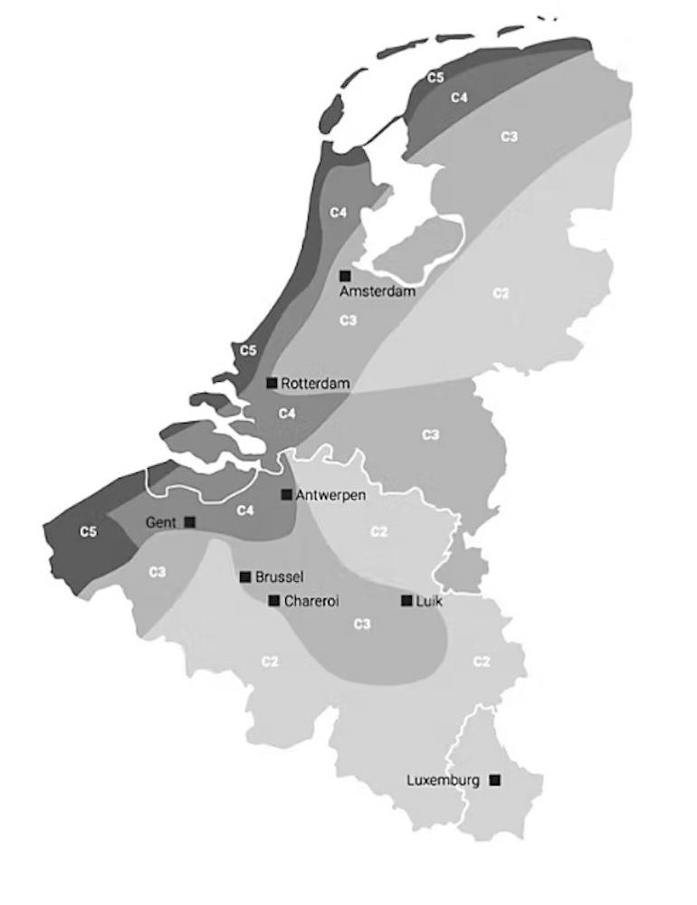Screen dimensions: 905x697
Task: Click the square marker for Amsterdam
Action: click(345, 275)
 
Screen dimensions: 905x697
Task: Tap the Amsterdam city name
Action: click(377, 292)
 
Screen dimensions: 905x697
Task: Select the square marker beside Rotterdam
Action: click(272, 383)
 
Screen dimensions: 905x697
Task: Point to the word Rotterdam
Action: click(315, 384)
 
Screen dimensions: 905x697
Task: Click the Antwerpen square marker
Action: click(286, 494)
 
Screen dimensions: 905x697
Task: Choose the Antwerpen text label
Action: click(330, 495)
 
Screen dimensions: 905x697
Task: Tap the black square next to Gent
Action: click(189, 522)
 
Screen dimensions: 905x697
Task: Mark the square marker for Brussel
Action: click(244, 576)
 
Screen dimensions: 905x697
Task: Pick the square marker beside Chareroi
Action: click(273, 600)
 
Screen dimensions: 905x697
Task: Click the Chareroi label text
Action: click(311, 601)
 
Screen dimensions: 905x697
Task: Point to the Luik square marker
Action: click(406, 600)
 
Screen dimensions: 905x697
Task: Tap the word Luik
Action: click(428, 601)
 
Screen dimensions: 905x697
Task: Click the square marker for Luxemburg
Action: click(494, 779)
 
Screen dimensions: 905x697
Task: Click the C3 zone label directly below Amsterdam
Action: click(348, 320)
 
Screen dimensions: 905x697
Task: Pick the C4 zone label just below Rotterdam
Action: click(287, 414)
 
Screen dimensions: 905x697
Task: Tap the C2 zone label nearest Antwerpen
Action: click(379, 531)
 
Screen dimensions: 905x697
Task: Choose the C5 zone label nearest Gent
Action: click(88, 532)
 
